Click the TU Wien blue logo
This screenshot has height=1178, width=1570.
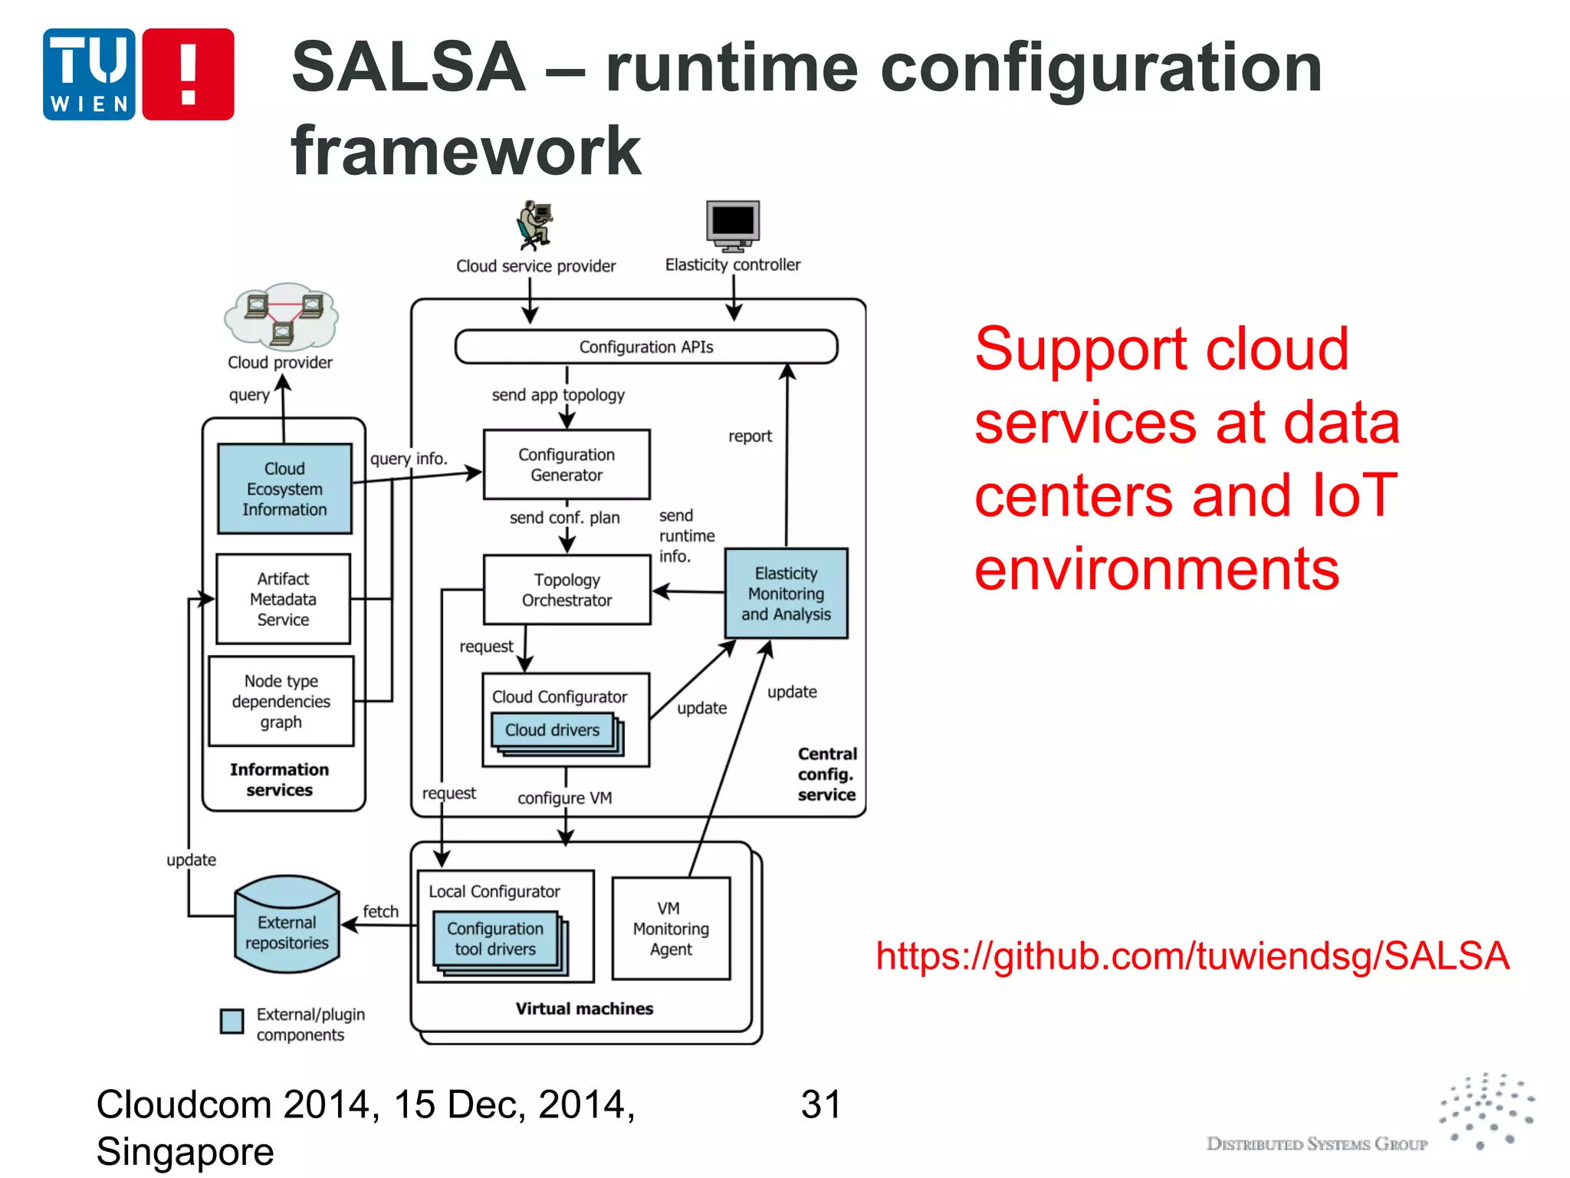89,74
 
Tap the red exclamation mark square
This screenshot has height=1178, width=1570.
188,74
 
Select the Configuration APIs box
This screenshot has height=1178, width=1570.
645,347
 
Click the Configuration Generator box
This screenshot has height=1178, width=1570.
567,465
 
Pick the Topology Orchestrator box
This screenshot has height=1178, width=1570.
567,590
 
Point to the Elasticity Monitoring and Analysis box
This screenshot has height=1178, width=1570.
786,594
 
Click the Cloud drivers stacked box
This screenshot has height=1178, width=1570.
553,730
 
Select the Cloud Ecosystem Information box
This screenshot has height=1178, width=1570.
284,489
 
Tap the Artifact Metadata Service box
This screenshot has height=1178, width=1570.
283,599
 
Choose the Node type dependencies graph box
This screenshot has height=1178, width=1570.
281,701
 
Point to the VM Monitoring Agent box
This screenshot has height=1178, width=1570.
671,929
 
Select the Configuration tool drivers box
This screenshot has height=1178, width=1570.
495,939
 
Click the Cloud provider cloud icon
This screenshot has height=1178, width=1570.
281,316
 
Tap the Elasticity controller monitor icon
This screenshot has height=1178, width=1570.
733,225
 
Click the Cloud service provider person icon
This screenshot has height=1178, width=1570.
534,225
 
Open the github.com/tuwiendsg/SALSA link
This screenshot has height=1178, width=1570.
1192,956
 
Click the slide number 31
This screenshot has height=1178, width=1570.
820,1104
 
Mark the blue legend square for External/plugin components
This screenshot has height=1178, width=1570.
232,1021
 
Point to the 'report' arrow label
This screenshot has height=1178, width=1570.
750,436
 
